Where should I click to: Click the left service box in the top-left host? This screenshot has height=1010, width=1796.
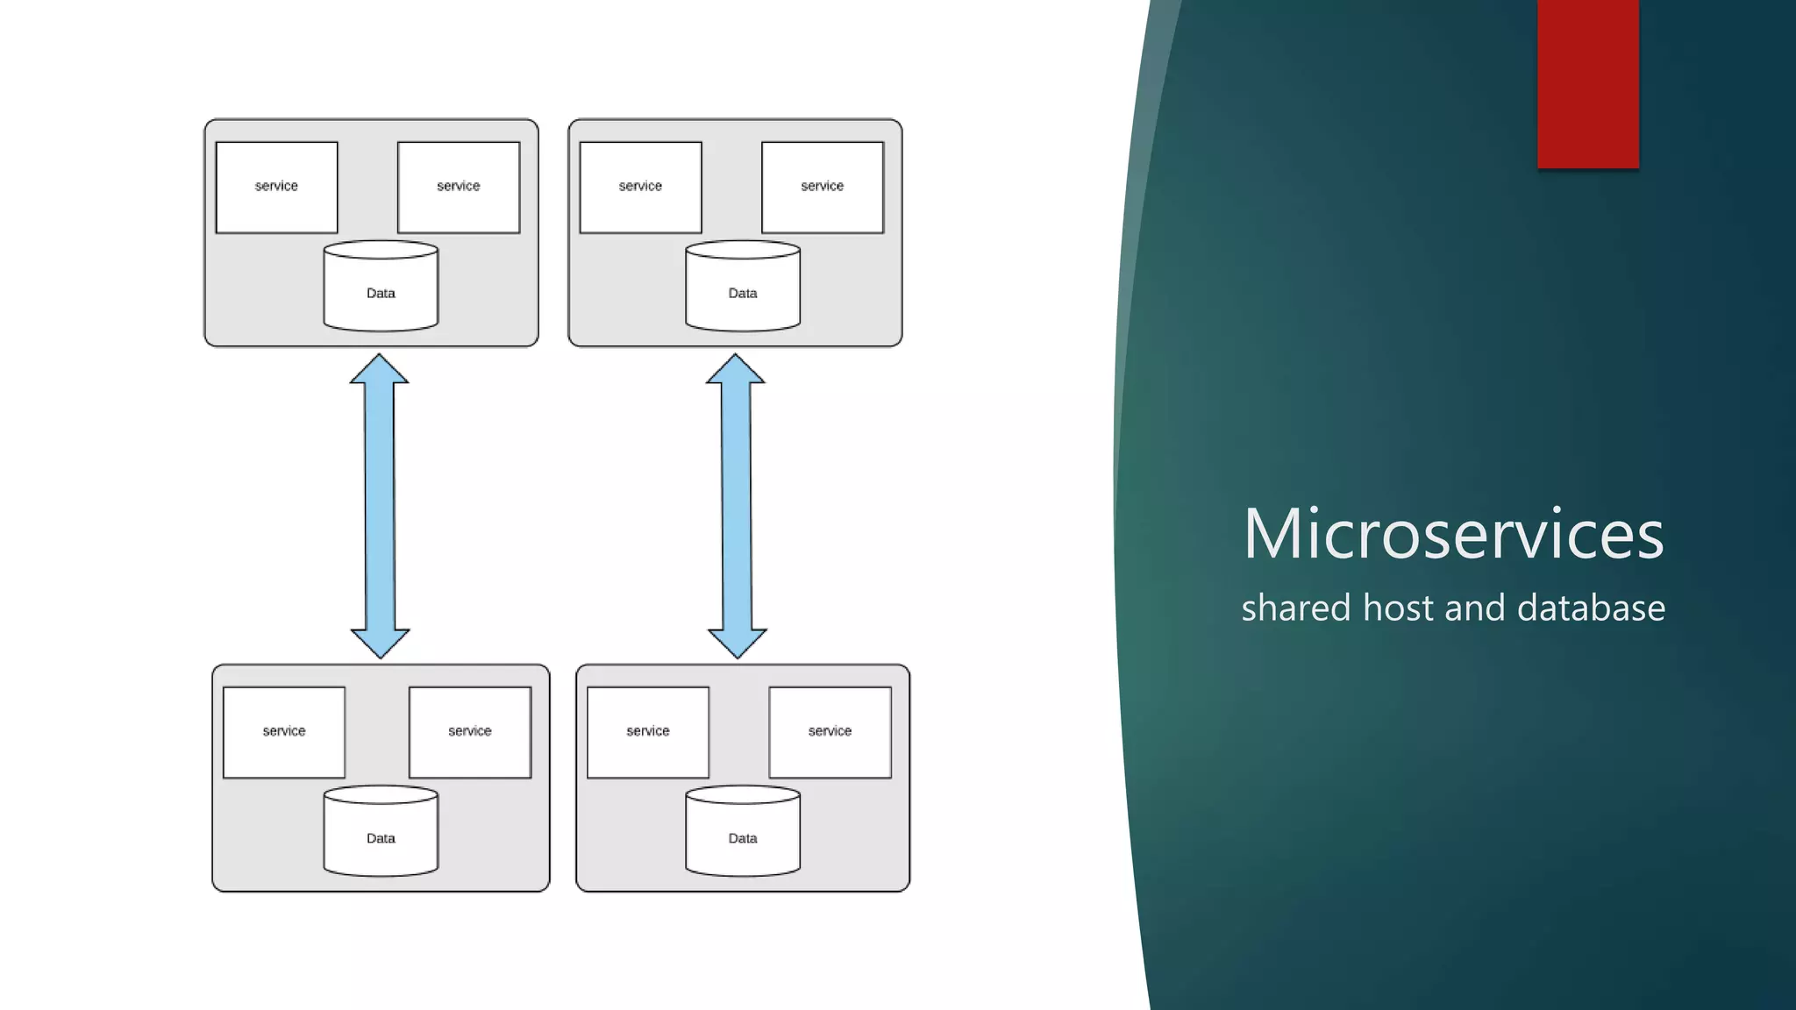pos(276,187)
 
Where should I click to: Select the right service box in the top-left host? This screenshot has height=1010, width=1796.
pos(459,187)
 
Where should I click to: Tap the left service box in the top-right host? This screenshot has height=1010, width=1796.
pos(640,187)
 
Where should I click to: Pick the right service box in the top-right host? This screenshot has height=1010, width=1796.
pos(823,187)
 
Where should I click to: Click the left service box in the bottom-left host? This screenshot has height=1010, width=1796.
pos(284,732)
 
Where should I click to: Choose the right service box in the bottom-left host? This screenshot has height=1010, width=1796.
pos(470,732)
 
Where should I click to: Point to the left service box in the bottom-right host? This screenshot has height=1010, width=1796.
pos(648,732)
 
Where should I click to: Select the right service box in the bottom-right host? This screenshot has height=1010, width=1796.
pos(830,732)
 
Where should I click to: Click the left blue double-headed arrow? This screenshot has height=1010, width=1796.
pos(380,506)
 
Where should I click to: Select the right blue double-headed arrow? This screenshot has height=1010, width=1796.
pos(737,506)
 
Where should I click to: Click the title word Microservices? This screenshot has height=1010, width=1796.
pos(1453,533)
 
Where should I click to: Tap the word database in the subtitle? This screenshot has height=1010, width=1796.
pos(1591,608)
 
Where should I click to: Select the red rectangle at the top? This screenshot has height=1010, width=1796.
pos(1588,83)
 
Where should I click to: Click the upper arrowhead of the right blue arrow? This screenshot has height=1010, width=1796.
pos(736,370)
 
